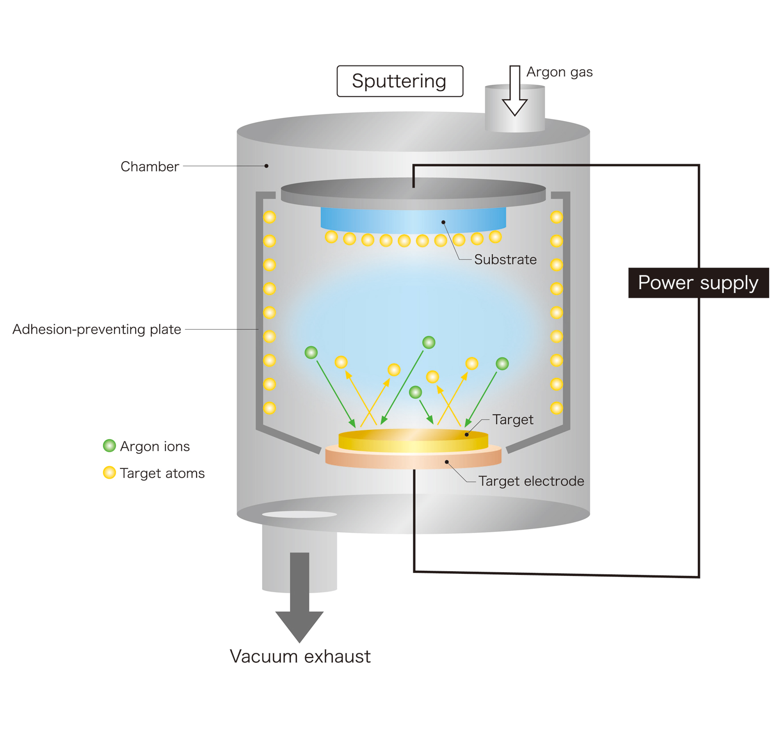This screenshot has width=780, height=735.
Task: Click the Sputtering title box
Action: click(x=399, y=81)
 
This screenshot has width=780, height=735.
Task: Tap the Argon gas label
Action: click(x=559, y=72)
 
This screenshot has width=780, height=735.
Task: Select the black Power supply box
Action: click(x=698, y=283)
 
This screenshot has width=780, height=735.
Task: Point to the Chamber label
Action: click(x=150, y=166)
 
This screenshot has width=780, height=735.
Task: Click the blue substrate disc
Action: click(x=413, y=218)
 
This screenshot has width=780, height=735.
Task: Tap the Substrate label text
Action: click(x=505, y=259)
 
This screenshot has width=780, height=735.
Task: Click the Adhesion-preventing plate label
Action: click(x=97, y=329)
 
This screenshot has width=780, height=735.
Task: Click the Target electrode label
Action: click(x=531, y=481)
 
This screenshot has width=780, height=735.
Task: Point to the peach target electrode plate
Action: click(x=413, y=457)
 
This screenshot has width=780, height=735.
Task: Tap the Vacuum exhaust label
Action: click(x=300, y=657)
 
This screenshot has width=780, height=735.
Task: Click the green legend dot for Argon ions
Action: click(x=109, y=446)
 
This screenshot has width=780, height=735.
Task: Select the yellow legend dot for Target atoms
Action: click(x=109, y=472)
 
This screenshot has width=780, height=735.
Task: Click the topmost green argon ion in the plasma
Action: click(x=428, y=342)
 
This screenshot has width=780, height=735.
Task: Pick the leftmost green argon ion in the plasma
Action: click(x=311, y=352)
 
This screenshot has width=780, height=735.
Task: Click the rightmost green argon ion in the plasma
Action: click(x=502, y=363)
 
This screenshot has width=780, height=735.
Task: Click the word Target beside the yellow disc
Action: click(x=513, y=419)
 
